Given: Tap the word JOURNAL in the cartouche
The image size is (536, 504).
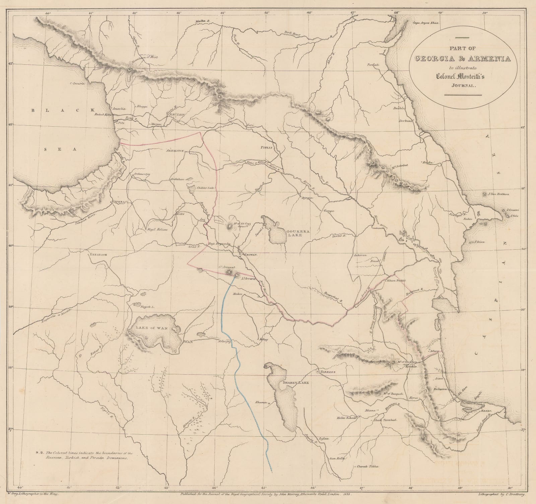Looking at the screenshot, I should (x=462, y=86).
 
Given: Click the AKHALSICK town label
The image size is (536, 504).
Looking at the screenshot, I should (x=176, y=151).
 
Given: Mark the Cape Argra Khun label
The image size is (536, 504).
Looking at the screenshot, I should (x=425, y=23).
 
